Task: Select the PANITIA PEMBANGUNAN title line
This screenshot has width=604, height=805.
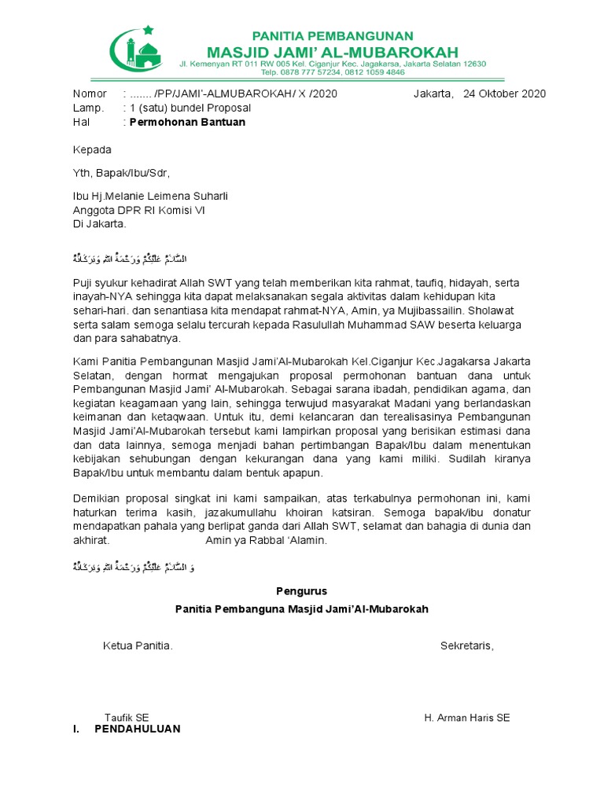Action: (x=332, y=35)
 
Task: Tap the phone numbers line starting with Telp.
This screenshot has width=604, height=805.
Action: (x=333, y=72)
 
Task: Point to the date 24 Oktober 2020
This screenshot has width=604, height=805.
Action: (x=504, y=94)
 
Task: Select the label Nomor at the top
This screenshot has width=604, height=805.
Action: (x=89, y=94)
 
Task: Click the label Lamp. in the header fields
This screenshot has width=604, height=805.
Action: (x=88, y=108)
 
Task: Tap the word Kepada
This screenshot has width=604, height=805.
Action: (x=92, y=149)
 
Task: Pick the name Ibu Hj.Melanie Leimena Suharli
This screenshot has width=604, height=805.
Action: (x=150, y=196)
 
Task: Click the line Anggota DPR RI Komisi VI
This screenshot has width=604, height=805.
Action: (x=138, y=210)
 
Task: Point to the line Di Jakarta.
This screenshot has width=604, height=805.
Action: (x=99, y=223)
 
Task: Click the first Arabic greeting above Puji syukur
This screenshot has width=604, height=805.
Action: (x=133, y=259)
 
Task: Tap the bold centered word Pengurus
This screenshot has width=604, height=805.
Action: (x=301, y=591)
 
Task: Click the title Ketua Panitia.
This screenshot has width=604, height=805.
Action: (x=138, y=646)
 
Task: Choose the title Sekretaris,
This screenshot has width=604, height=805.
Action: (x=466, y=646)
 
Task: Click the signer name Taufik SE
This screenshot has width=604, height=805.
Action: (x=127, y=717)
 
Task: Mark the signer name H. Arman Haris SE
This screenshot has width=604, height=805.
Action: (x=466, y=717)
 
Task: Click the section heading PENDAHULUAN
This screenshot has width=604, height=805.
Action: (x=137, y=729)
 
